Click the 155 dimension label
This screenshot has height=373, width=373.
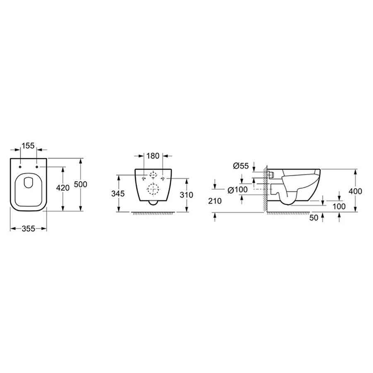(x=28, y=145)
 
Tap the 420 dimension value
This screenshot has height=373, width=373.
(x=63, y=188)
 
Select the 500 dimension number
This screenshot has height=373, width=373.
(x=81, y=184)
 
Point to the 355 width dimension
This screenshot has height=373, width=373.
(x=28, y=229)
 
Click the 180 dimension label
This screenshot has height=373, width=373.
(x=153, y=156)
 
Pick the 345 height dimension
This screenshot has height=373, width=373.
(x=118, y=194)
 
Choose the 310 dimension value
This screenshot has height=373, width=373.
(x=186, y=195)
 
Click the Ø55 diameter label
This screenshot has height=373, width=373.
(x=241, y=166)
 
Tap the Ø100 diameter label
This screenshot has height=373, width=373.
(x=237, y=190)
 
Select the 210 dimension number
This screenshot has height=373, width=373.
(x=215, y=201)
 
